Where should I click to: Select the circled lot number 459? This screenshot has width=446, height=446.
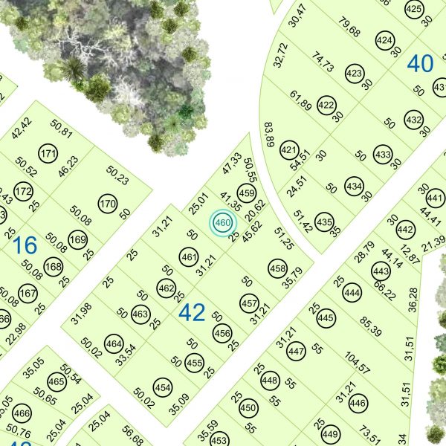[246, 192]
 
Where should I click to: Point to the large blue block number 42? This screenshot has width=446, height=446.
[191, 312]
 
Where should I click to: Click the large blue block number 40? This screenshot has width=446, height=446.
[420, 64]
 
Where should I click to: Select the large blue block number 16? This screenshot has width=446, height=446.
[25, 245]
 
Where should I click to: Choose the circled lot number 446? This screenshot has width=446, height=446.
[358, 404]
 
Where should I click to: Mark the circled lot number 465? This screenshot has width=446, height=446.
[56, 382]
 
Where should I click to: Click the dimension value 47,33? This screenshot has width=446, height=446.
[232, 163]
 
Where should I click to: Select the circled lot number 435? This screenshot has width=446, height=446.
[324, 221]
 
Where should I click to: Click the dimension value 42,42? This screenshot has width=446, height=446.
[22, 127]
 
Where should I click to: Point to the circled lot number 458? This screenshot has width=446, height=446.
[277, 268]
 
